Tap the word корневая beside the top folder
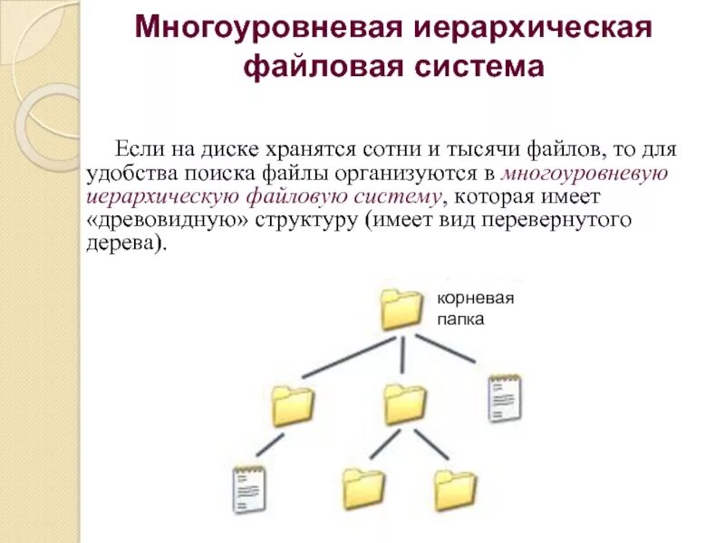tap(476, 300)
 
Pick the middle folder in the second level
tap(404, 404)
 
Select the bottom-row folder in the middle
tap(363, 490)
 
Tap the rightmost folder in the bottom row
tap(454, 490)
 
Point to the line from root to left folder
tap(349, 357)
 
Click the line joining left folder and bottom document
tap(269, 445)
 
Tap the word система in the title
tap(489, 68)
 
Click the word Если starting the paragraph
tap(137, 148)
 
